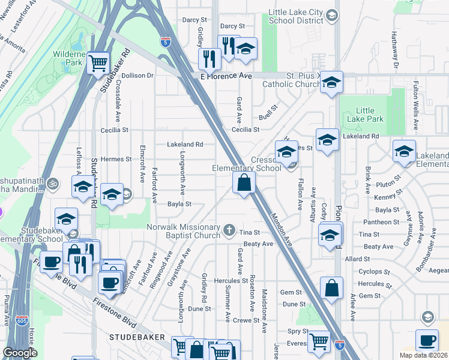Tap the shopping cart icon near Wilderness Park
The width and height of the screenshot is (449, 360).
[98, 62]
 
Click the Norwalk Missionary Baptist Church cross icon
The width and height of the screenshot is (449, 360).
[229, 229]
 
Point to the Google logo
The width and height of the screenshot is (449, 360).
[20, 353]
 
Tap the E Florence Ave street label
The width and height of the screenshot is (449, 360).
[226, 76]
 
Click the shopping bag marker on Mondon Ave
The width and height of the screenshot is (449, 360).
[244, 183]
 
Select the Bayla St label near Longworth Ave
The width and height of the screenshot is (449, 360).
[179, 204]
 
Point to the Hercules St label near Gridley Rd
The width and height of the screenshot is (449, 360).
[232, 280]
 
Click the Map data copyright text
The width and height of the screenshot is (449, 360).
[416, 355]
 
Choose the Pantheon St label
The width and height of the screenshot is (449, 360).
[378, 223]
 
